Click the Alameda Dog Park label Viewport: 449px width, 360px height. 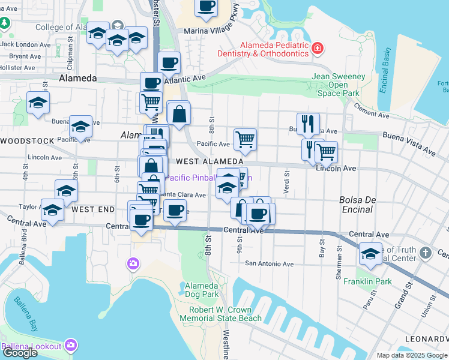tap(202, 290)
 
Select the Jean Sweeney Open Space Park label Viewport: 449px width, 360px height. tap(339, 85)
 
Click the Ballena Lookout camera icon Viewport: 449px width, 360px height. tap(71, 346)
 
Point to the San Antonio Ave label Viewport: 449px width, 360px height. tap(269, 264)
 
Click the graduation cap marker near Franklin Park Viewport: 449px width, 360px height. tap(370, 254)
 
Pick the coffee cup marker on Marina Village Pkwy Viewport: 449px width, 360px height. tap(206, 7)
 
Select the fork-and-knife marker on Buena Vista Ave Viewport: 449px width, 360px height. tap(308, 124)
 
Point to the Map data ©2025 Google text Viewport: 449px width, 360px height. tap(411, 355)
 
